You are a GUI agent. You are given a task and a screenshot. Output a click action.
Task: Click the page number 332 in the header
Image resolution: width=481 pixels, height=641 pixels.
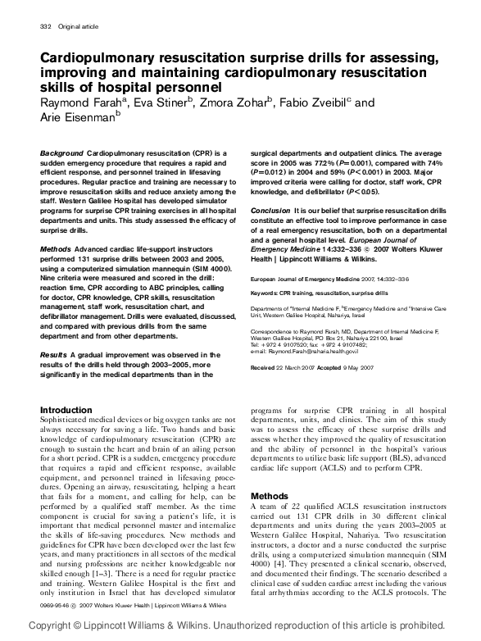45,28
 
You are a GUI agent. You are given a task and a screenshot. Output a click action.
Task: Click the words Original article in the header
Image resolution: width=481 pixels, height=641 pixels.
76,28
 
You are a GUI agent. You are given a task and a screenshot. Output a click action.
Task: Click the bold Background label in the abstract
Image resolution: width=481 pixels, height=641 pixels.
61,153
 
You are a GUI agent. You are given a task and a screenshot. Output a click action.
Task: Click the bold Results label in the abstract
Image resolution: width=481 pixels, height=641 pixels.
55,354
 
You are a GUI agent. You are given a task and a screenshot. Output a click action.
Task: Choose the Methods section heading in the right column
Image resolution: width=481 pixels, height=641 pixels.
269,497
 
